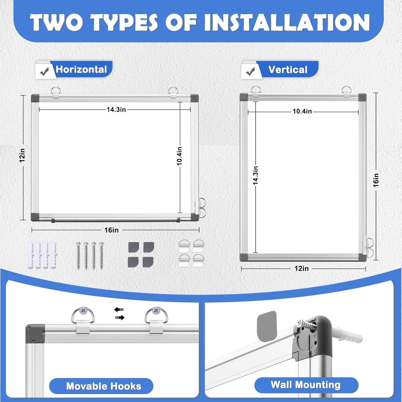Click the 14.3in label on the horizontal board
(x=116, y=109)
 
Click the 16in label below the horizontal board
(x=111, y=230)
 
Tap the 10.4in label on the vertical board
(x=302, y=111)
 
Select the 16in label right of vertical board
(x=376, y=180)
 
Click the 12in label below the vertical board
(x=301, y=268)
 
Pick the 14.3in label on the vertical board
(x=255, y=175)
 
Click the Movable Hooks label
(x=104, y=386)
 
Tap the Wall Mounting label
(x=306, y=385)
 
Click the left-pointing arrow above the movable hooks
(x=119, y=310)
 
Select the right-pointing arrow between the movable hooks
(x=120, y=318)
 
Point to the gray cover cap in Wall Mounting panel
(x=267, y=326)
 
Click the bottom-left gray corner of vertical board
(x=244, y=258)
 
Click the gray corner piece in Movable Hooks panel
(x=35, y=334)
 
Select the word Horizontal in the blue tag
(x=81, y=69)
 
